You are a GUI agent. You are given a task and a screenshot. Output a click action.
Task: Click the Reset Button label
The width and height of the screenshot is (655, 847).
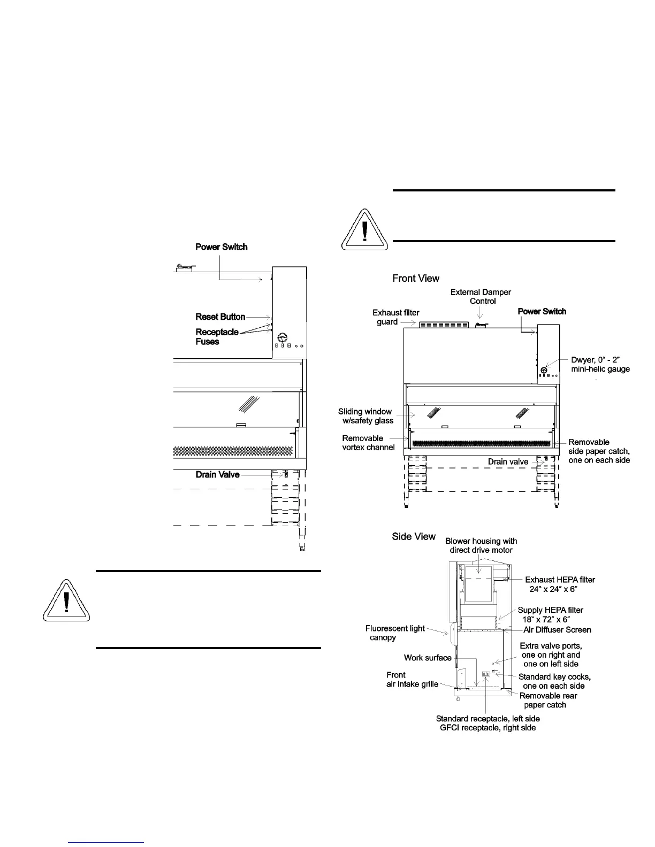[220, 317]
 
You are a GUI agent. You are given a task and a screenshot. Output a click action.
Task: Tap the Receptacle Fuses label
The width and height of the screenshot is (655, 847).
[217, 336]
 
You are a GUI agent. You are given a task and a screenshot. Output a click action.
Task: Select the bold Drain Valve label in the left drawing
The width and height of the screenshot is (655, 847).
[217, 474]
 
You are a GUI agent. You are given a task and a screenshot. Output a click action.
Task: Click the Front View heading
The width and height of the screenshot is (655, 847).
[416, 278]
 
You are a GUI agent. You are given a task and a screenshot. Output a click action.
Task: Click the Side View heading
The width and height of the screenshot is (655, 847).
[414, 536]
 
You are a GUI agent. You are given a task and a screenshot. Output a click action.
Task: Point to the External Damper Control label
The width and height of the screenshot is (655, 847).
[481, 296]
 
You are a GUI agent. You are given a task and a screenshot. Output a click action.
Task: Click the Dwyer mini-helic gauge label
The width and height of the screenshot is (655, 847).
[600, 365]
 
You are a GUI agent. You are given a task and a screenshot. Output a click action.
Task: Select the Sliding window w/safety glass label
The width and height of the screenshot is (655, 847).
[365, 416]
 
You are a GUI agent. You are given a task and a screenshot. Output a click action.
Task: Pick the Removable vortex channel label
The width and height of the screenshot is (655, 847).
[368, 443]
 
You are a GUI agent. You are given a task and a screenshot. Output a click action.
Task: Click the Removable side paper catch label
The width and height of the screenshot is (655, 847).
[599, 451]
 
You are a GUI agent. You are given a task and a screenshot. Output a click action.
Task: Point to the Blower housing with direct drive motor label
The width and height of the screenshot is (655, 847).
[481, 545]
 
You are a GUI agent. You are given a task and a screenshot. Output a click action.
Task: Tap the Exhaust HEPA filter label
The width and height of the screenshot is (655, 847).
[560, 584]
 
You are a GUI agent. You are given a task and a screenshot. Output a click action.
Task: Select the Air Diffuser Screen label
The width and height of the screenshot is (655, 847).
[557, 630]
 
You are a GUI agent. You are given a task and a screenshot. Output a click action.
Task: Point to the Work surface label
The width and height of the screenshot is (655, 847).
[428, 658]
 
